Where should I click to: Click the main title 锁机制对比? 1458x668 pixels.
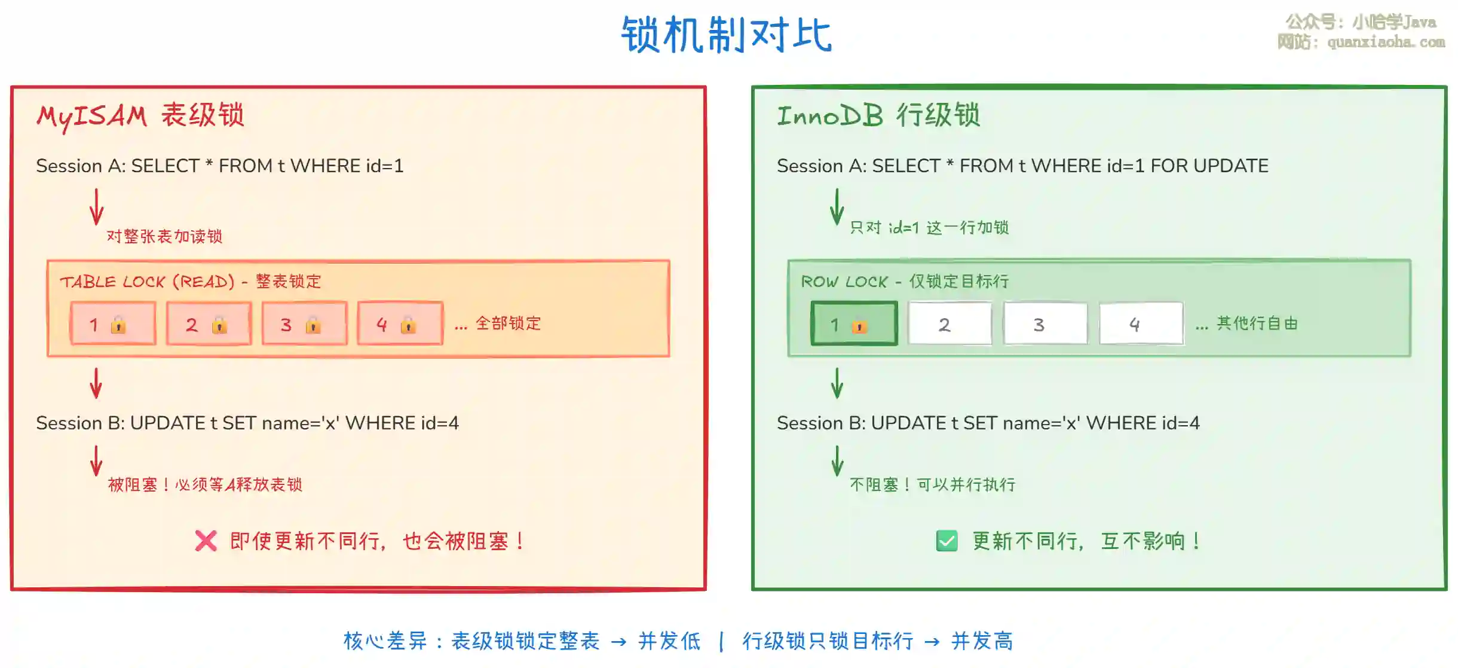[x=727, y=35]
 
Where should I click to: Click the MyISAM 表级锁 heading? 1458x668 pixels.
[x=140, y=115]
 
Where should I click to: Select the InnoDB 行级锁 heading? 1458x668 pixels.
[x=878, y=115]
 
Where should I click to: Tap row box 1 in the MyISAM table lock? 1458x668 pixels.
[x=113, y=324]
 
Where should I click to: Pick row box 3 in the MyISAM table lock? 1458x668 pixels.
[x=304, y=324]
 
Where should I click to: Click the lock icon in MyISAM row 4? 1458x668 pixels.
[x=408, y=325]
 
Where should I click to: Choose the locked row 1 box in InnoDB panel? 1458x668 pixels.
[x=854, y=324]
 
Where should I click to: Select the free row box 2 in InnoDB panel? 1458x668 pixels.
[x=949, y=324]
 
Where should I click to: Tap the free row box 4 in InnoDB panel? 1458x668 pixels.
[x=1141, y=324]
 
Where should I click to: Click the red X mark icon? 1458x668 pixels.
[x=206, y=541]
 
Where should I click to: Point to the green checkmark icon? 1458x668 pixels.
[x=947, y=541]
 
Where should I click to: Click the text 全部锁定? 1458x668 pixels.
[x=508, y=324]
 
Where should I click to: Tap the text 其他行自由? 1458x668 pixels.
[x=1257, y=324]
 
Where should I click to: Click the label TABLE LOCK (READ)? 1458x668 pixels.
[x=147, y=282]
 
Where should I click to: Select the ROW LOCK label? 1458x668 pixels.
[x=844, y=282]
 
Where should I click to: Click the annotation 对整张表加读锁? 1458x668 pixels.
[x=164, y=236]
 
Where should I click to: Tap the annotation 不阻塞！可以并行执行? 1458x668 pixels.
[x=932, y=484]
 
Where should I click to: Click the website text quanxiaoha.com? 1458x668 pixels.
[x=1386, y=42]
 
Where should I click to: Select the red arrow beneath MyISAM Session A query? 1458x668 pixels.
[x=96, y=206]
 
